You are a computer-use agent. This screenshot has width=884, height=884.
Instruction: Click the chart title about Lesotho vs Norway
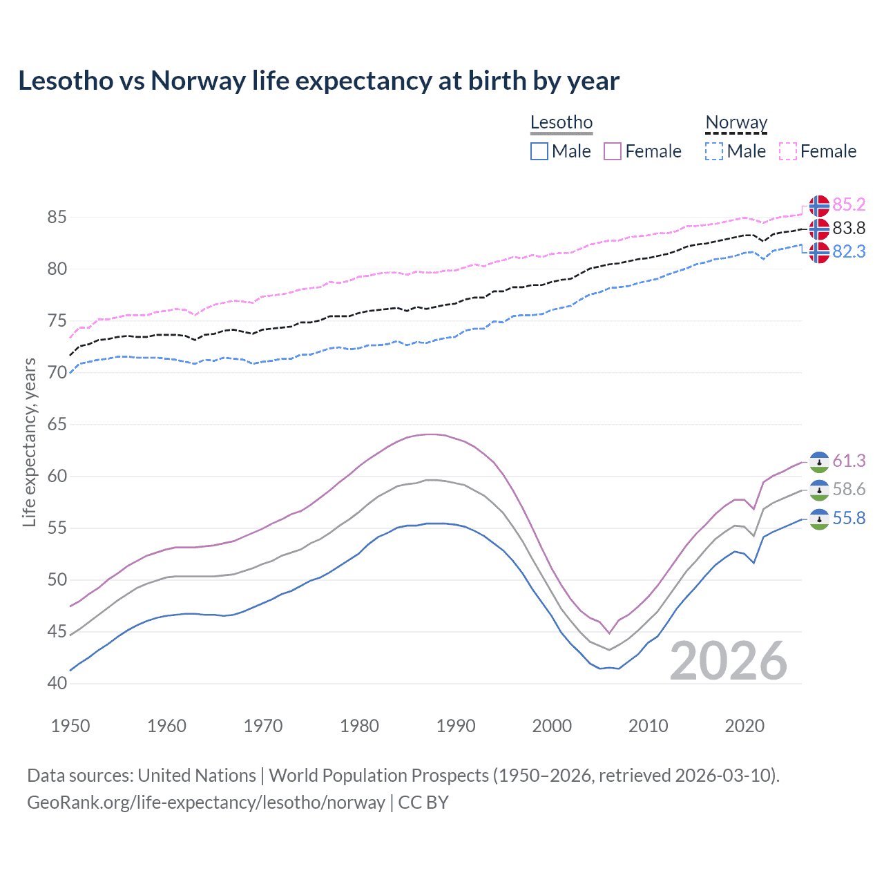pos(318,81)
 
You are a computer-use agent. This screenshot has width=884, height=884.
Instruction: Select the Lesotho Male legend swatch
pos(539,151)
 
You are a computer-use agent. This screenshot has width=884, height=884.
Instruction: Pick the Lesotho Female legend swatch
pos(613,151)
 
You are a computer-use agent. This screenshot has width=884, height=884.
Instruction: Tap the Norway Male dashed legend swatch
pos(714,151)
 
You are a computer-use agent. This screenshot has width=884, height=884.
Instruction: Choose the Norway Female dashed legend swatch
pos(788,151)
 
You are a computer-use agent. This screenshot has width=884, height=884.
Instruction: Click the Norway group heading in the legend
pos(736,123)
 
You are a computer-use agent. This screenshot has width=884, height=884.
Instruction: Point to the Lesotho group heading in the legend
pos(561,123)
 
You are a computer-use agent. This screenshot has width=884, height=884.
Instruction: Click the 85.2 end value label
pos(849,205)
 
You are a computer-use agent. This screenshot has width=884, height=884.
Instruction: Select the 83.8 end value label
pos(849,229)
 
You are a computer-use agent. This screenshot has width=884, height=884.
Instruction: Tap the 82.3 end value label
pos(849,252)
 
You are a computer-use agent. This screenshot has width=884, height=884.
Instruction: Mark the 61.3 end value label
pos(849,461)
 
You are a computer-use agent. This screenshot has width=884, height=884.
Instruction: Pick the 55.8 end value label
pos(849,519)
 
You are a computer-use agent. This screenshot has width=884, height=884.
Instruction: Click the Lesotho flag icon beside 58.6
pos(819,490)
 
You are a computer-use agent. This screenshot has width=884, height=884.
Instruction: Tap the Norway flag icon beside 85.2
pos(819,206)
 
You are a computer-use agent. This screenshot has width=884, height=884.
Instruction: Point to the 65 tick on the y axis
pos(57,425)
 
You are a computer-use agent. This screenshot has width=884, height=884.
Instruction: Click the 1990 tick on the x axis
pos(456,726)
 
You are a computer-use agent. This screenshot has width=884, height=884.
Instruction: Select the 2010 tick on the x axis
pos(648,726)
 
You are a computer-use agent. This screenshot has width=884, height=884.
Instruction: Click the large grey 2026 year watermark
pos(729,661)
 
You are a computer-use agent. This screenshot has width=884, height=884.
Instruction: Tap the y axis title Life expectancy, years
pos(30,442)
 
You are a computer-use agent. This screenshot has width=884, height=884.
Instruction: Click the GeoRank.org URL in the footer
pos(206,803)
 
